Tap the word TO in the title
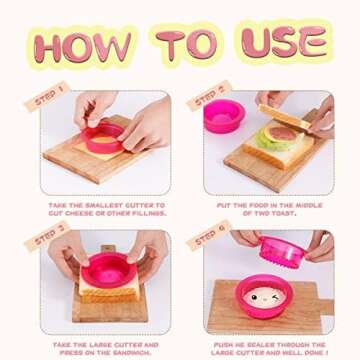coord(191,45)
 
